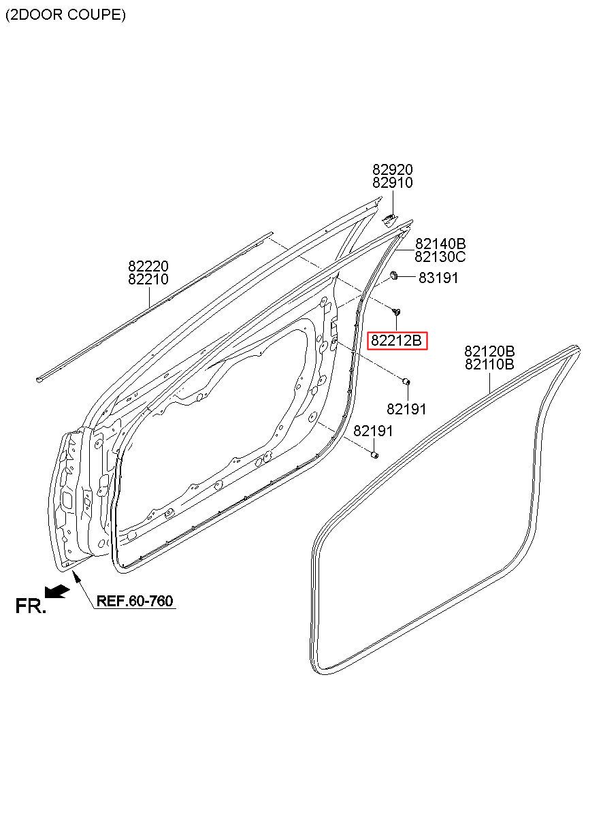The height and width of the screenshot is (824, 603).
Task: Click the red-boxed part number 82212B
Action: [396, 340]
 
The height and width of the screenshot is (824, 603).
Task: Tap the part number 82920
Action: [393, 169]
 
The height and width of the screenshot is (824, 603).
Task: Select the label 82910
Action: [393, 182]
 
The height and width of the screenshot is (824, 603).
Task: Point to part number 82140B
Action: [440, 244]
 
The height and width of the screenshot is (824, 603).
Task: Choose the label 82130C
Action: [440, 257]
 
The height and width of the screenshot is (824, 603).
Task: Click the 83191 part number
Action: [438, 278]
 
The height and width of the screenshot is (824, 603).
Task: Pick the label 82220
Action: [148, 266]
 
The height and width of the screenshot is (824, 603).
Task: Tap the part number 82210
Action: [148, 279]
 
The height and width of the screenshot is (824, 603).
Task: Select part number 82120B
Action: [489, 351]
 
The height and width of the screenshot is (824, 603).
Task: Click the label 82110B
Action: [489, 365]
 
